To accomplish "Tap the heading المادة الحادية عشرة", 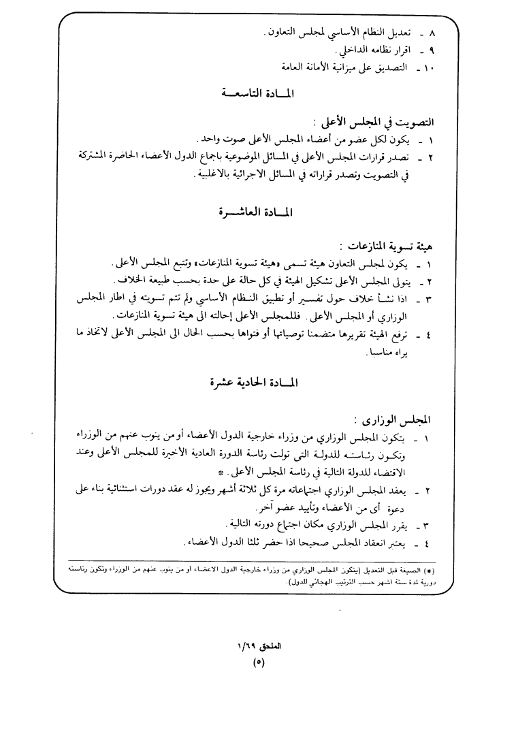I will pyautogui.click(x=256, y=383).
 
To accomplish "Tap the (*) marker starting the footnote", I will pyautogui.click(x=440, y=569).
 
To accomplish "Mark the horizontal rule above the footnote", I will pyautogui.click(x=258, y=561).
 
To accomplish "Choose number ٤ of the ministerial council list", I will pyautogui.click(x=429, y=543).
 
